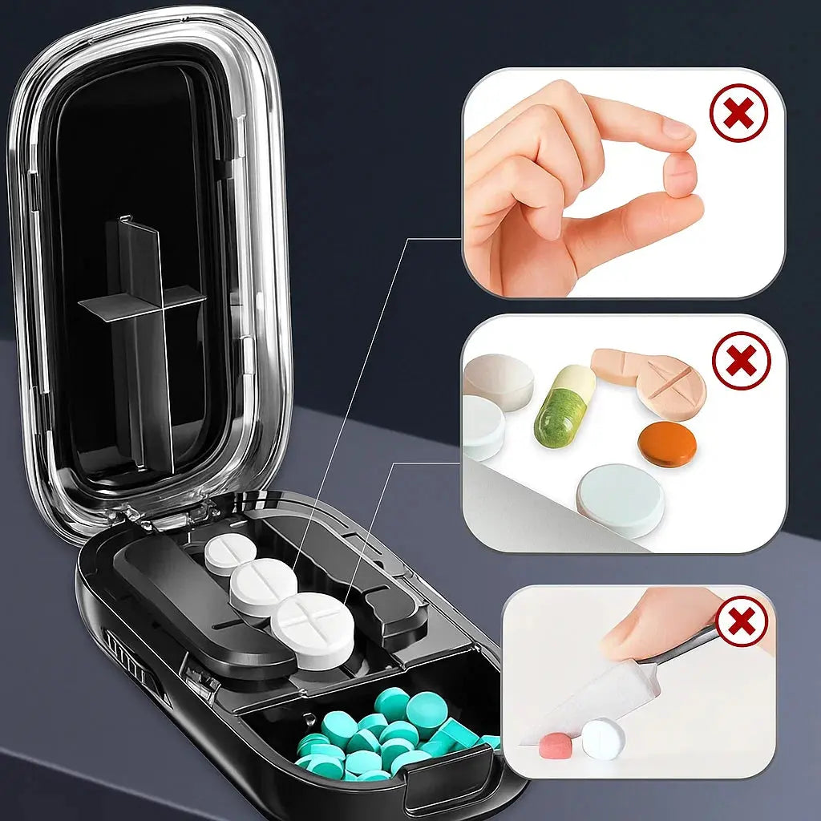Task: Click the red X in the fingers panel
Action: click(738, 113)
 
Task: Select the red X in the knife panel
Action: click(742, 621)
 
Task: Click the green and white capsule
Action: click(564, 406)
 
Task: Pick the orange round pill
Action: click(666, 444)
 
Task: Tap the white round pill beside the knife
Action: click(603, 738)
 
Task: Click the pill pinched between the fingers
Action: click(681, 174)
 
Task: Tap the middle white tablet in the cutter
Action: click(263, 586)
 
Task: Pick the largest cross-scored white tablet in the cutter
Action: click(313, 629)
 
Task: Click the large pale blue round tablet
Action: click(620, 499)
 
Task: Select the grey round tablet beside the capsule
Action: click(499, 381)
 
